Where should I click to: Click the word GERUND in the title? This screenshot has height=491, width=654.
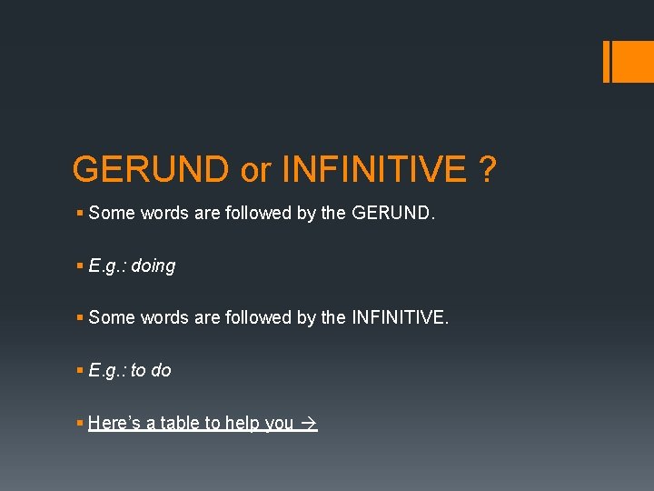coord(151,169)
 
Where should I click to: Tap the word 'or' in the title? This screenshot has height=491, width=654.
coord(255,170)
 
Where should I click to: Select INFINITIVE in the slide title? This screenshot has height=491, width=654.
coord(374,169)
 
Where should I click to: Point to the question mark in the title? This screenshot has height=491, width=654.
coord(488,169)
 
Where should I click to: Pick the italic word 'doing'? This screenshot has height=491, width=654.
coord(153,266)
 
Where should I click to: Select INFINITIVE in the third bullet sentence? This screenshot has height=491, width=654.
coord(398,318)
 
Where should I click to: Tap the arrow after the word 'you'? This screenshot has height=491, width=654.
coord(308,424)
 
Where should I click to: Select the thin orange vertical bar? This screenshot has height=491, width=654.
coord(606,61)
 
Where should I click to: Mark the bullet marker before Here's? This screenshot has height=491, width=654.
coord(80,423)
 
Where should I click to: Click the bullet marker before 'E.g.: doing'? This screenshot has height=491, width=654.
coord(80,266)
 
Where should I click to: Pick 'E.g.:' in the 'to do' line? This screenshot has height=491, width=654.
coord(107,371)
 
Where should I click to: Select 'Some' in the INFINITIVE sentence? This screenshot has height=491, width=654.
coord(112,318)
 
